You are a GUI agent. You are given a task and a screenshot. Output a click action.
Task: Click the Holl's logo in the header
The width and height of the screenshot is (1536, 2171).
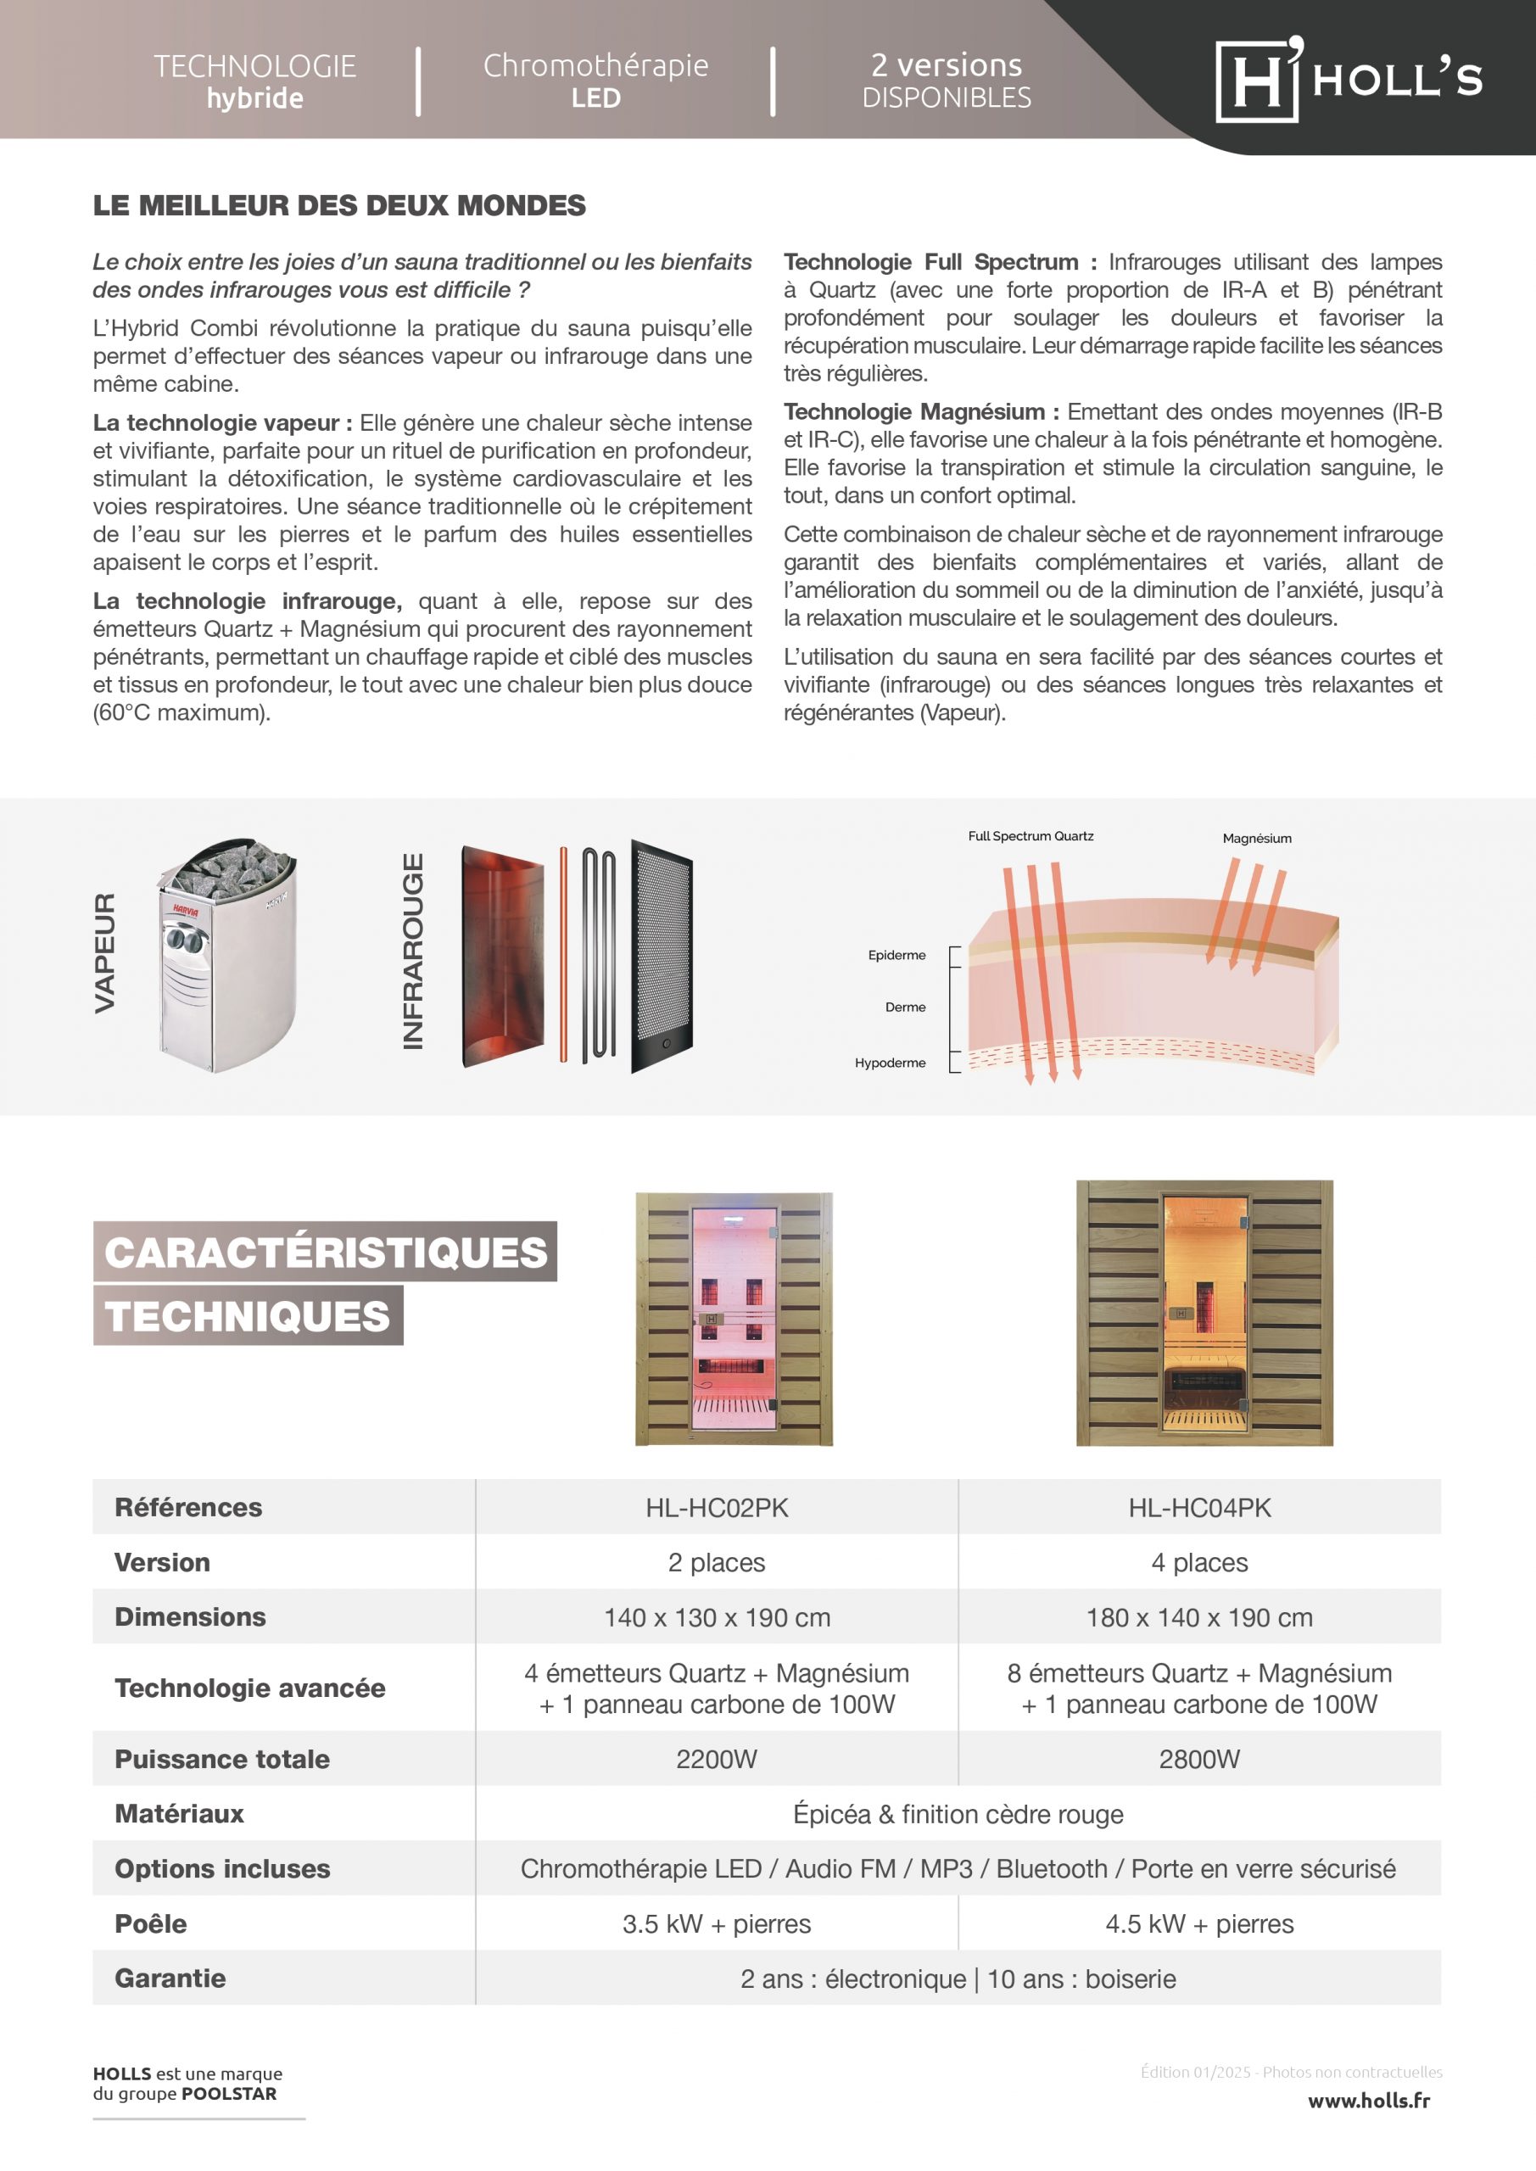click(1347, 80)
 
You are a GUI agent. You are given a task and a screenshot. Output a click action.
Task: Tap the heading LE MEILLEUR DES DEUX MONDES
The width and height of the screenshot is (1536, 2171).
click(338, 205)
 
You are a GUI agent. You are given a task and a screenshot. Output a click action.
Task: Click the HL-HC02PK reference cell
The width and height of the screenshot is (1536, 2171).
click(716, 1507)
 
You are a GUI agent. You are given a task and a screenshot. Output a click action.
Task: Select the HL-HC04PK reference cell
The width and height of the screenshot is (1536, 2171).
click(1198, 1507)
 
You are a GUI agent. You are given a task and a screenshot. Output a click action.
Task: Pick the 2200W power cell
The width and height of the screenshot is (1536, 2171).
click(716, 1759)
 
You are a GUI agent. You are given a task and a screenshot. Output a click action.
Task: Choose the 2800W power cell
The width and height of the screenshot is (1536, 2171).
click(1198, 1759)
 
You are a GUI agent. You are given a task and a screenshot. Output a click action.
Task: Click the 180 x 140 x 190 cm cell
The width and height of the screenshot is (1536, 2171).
click(1198, 1617)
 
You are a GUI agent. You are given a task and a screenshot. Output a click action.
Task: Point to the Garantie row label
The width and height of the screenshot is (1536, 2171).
click(170, 1978)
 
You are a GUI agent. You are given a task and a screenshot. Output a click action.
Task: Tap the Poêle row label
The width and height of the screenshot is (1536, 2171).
click(150, 1923)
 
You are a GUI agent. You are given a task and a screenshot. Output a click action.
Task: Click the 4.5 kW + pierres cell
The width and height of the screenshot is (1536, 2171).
click(1198, 1923)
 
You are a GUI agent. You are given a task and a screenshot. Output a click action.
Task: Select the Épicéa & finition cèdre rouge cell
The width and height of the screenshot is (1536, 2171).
click(958, 1814)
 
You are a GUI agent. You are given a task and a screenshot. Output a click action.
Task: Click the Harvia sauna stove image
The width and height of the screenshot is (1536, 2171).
click(227, 955)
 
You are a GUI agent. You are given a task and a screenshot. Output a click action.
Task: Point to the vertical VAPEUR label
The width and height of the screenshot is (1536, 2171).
click(105, 953)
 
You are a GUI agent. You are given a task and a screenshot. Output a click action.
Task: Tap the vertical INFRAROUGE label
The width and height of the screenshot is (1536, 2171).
click(412, 952)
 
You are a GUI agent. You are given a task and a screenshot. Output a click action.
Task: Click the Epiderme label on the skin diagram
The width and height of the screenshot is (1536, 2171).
click(896, 955)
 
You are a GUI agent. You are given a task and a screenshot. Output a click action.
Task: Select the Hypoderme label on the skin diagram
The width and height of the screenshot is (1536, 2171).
click(890, 1063)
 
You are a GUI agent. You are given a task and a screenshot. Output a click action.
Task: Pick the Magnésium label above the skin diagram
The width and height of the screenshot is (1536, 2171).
click(1256, 838)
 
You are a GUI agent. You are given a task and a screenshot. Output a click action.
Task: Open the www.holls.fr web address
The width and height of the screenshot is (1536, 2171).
click(1368, 2100)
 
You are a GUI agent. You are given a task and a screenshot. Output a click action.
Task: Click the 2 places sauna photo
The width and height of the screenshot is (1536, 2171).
click(734, 1318)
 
